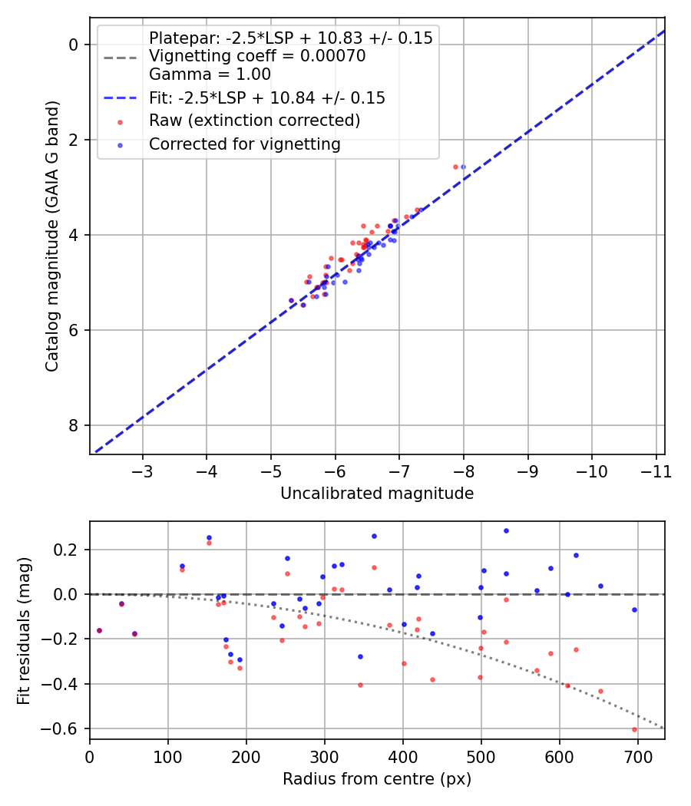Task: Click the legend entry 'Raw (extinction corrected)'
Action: pos(254,121)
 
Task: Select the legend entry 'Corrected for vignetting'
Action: pos(245,144)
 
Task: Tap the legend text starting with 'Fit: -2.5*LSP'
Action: pos(266,97)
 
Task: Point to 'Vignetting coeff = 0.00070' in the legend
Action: pos(257,56)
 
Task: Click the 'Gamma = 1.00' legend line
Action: pos(210,74)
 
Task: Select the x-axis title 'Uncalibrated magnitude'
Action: pos(377,494)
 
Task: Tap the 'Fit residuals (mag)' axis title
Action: pos(25,630)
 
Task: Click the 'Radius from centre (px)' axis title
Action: pos(377,779)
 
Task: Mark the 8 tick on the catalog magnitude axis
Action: pos(74,425)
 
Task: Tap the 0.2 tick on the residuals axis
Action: pos(70,550)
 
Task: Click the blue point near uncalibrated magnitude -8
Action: pos(463,167)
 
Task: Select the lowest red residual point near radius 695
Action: pos(634,729)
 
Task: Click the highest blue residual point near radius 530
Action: pos(506,530)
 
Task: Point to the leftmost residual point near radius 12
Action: pos(99,630)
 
